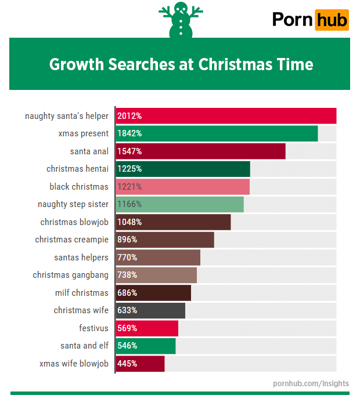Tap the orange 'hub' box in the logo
click(332, 20)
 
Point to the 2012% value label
click(129, 116)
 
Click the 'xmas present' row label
click(83, 133)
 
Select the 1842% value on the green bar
click(129, 133)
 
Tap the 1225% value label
click(129, 169)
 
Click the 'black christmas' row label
click(79, 187)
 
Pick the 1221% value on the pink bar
click(129, 187)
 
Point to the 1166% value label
click(129, 204)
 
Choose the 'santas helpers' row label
click(81, 258)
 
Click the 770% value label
click(127, 258)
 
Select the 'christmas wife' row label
click(81, 310)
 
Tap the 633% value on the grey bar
click(127, 310)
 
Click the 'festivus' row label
click(94, 328)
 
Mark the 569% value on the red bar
click(127, 328)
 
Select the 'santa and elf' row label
click(84, 346)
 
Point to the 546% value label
click(127, 346)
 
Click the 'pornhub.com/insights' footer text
click(311, 383)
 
